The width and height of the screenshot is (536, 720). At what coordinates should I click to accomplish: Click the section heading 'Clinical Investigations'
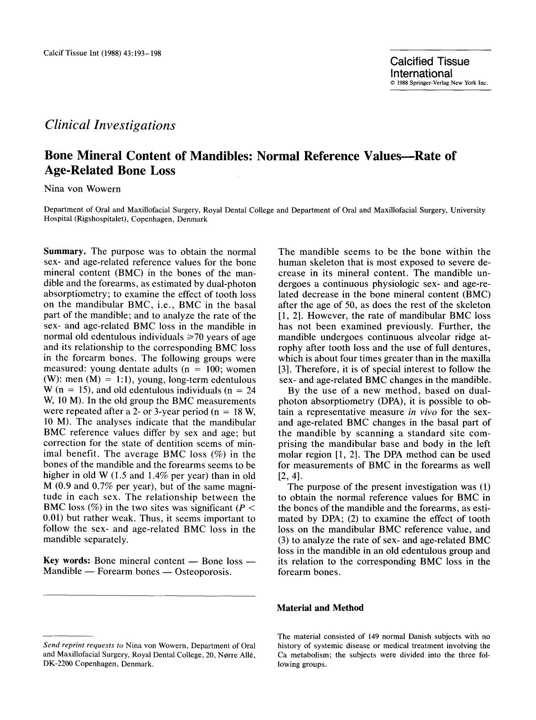tap(110, 125)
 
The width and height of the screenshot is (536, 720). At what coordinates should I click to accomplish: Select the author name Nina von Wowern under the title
tap(82, 188)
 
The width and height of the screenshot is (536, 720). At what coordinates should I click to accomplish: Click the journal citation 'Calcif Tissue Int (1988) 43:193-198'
tap(102, 54)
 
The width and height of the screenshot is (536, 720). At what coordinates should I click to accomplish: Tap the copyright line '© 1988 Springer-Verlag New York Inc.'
tap(438, 83)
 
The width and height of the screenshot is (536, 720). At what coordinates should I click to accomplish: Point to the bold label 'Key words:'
tap(67, 561)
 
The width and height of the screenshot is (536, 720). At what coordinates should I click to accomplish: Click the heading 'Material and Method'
tap(320, 608)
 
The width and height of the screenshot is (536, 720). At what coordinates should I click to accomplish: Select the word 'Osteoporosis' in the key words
tap(203, 572)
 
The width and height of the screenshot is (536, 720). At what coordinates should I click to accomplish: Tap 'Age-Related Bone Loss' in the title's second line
tap(110, 171)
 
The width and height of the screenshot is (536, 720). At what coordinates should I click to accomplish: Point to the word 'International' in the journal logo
tap(421, 73)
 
